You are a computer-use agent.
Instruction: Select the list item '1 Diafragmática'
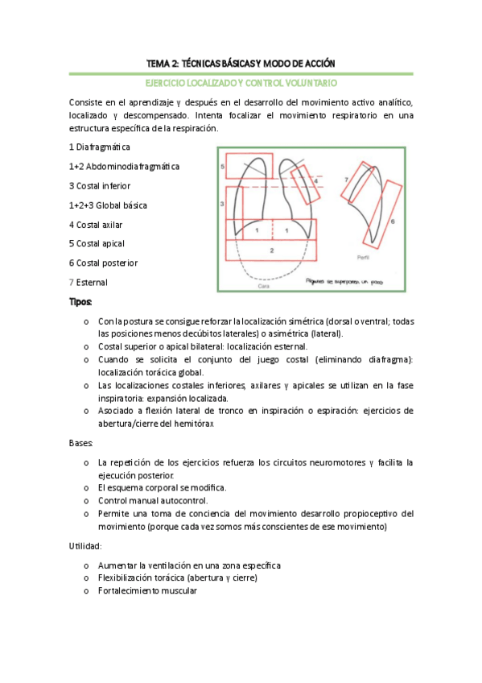tap(100, 147)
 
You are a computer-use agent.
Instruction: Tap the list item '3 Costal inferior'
tap(100, 186)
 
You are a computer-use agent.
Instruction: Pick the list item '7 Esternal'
tap(88, 282)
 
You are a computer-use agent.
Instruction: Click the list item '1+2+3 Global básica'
tap(108, 205)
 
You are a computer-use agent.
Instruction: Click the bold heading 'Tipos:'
tap(81, 302)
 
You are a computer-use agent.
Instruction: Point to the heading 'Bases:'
tap(81, 443)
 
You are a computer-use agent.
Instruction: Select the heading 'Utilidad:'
tap(84, 546)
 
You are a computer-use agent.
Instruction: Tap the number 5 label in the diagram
tap(222, 165)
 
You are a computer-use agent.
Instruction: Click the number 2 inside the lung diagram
tap(272, 251)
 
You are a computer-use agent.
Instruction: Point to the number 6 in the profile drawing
tap(392, 219)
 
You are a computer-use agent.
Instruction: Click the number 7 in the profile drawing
tap(345, 178)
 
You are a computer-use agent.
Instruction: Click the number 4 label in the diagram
tap(315, 170)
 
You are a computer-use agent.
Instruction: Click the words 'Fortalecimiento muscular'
tap(146, 590)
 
